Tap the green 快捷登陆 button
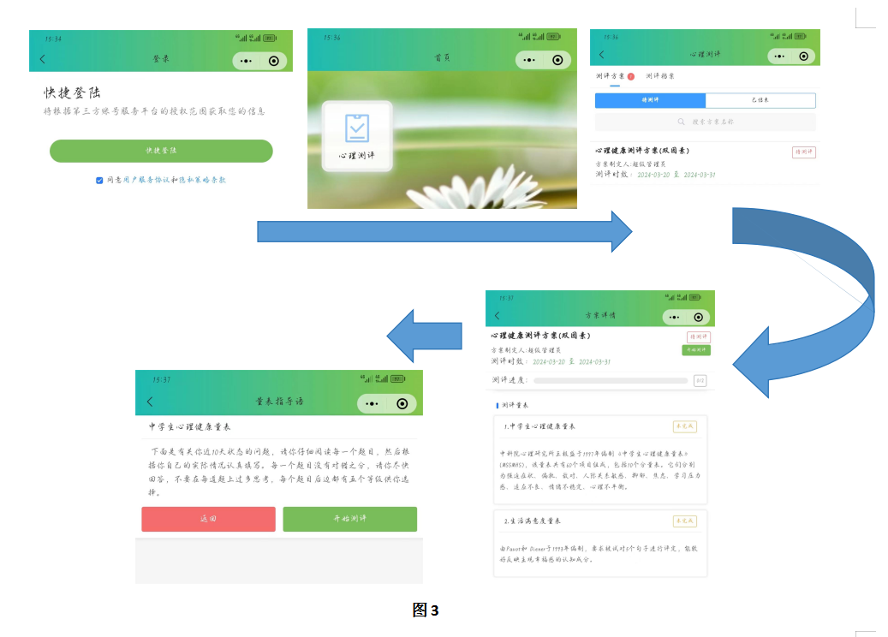coord(161,151)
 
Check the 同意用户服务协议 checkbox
coord(99,180)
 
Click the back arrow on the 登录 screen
coord(43,59)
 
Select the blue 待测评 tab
coord(650,100)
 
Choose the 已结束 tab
coord(760,100)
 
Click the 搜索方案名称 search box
coord(705,122)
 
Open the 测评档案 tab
coord(660,76)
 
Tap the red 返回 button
coord(208,519)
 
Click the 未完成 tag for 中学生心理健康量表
coord(685,426)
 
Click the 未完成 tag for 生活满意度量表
coord(685,521)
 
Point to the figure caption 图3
coord(425,610)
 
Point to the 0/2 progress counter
coord(700,380)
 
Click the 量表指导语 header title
coord(279,402)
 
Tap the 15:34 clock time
coord(53,39)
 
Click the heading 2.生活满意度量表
coord(533,521)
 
